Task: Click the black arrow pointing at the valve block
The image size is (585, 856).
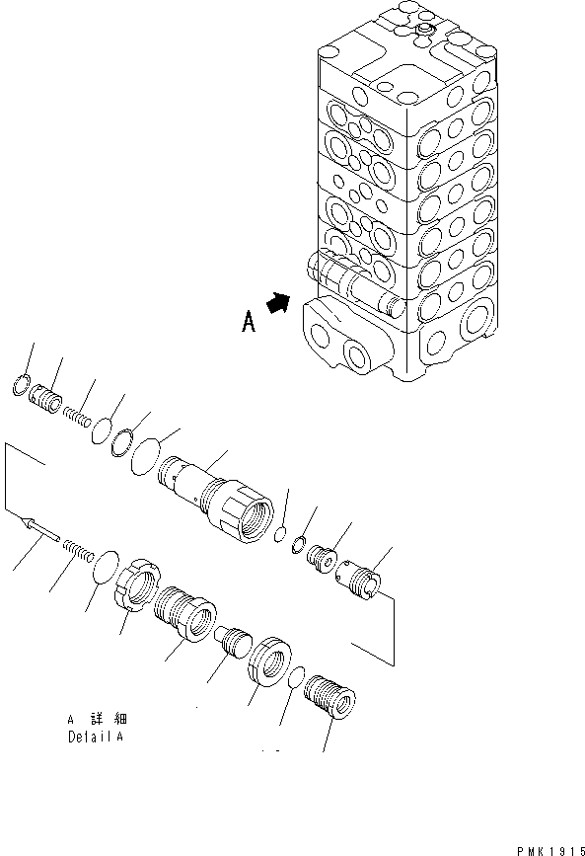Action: point(281,303)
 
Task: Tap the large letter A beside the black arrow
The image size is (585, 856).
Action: point(248,323)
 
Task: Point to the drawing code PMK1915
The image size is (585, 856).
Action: point(546,847)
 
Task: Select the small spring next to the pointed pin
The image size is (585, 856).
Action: point(78,545)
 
